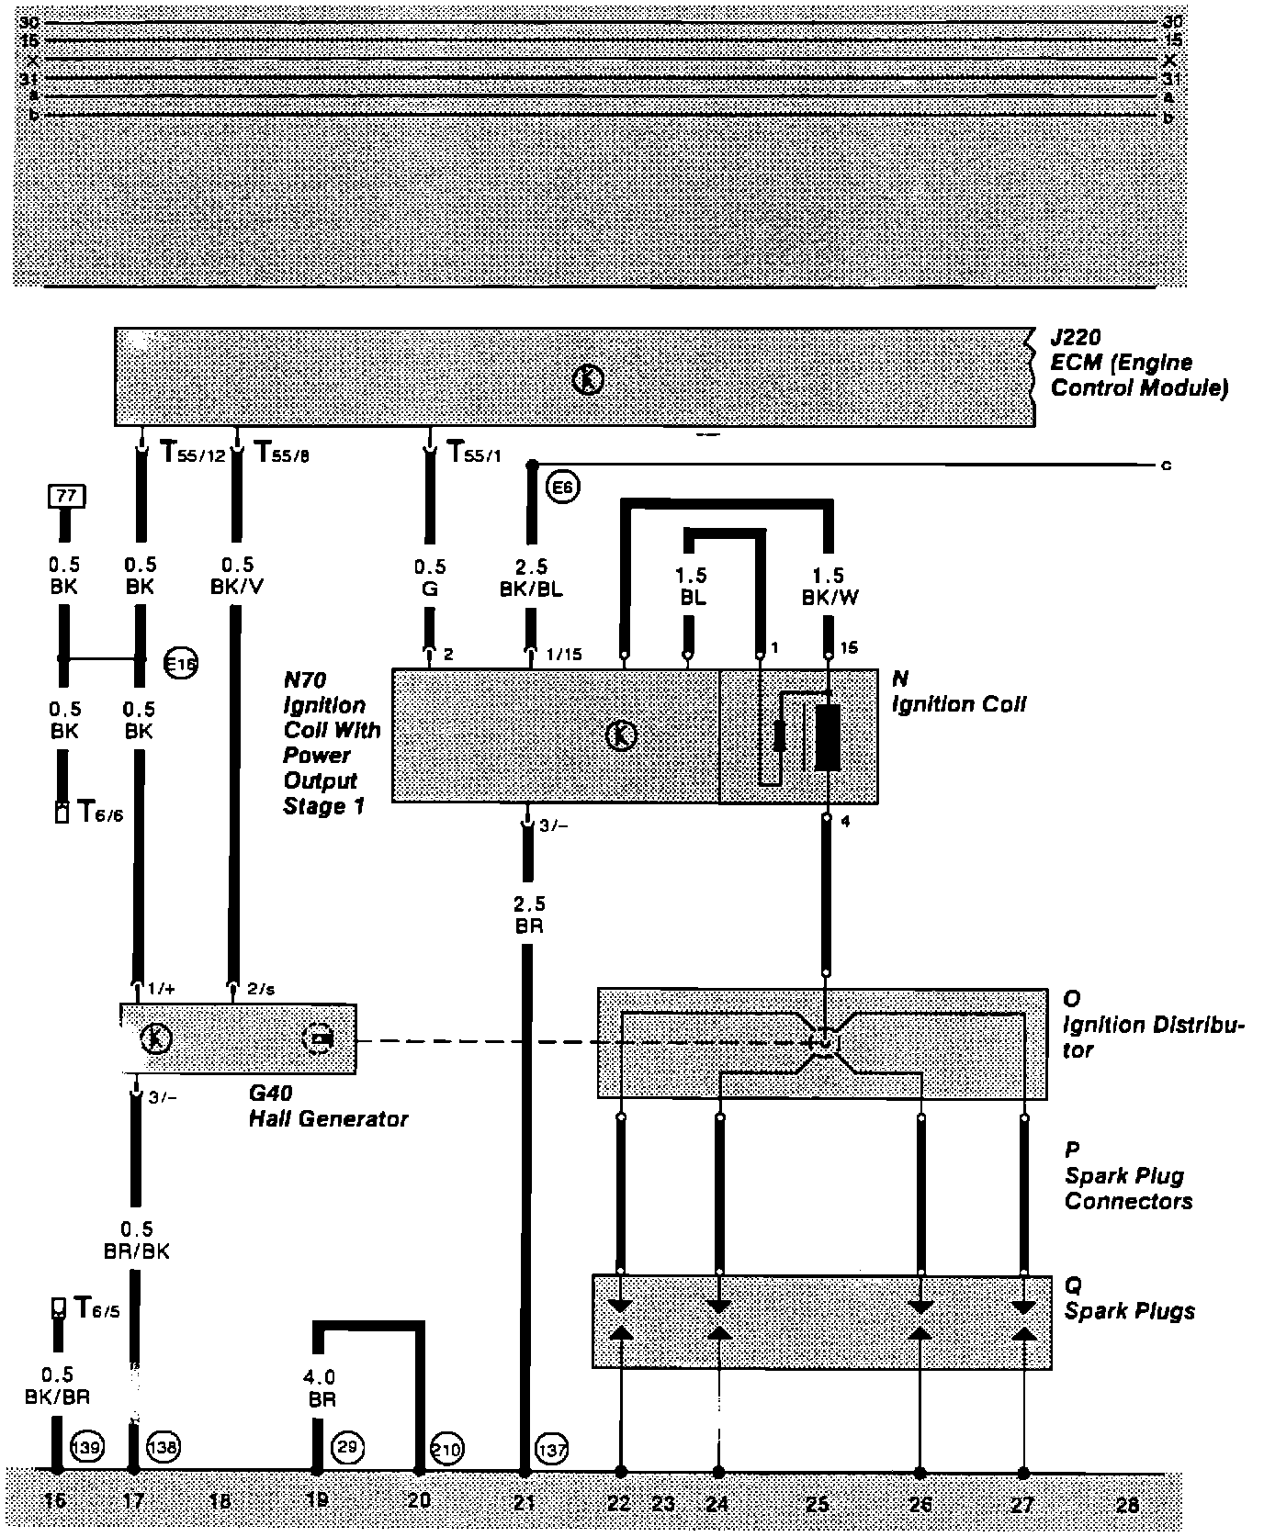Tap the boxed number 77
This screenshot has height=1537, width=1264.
(x=66, y=497)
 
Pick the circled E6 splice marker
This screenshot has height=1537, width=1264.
(x=562, y=488)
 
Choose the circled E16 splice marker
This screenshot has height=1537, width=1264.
(x=180, y=662)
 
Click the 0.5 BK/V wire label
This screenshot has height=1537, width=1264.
(x=236, y=576)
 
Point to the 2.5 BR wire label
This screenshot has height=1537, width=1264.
(x=529, y=915)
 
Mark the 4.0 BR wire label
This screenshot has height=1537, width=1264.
(x=319, y=1387)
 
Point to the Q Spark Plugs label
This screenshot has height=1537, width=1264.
(x=1129, y=1298)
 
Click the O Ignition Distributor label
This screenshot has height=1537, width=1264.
(x=1153, y=1024)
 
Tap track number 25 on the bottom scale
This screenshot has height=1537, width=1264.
(x=818, y=1503)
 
